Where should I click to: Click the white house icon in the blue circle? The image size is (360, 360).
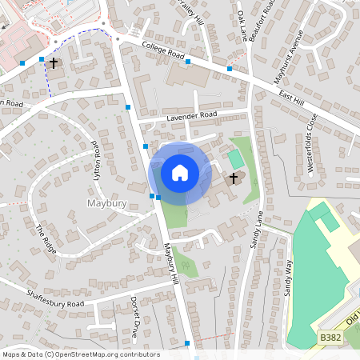click(180, 172)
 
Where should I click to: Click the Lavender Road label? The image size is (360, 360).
click(192, 116)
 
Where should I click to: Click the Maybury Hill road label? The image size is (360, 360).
click(171, 264)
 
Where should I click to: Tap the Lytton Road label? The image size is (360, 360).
click(97, 160)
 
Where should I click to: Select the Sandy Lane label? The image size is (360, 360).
click(257, 229)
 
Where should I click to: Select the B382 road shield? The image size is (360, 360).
click(328, 338)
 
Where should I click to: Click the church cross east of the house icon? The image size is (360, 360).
click(234, 178)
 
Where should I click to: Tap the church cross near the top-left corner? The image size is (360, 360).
click(54, 62)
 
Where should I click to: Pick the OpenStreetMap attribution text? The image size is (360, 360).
click(81, 354)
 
